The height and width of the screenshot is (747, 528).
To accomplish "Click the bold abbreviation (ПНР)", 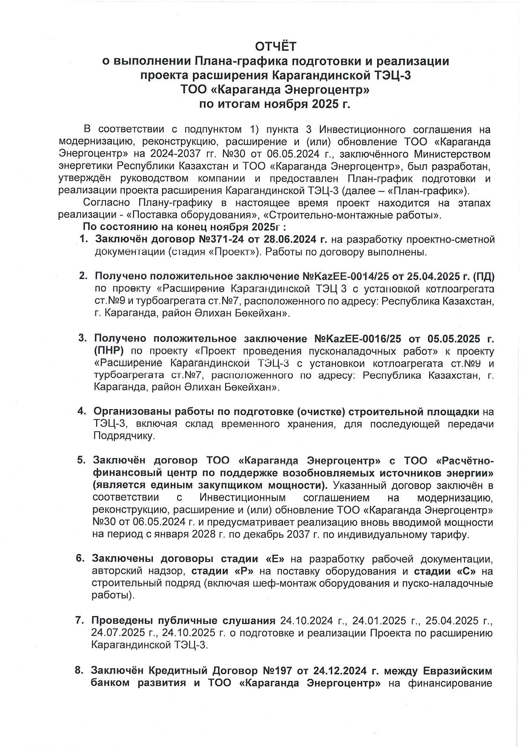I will [109, 351].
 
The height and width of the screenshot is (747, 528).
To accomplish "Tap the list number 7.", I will [80, 620].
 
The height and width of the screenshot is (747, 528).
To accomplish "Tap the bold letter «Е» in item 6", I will [275, 559].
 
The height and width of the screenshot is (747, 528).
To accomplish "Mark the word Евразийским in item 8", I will [457, 671].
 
